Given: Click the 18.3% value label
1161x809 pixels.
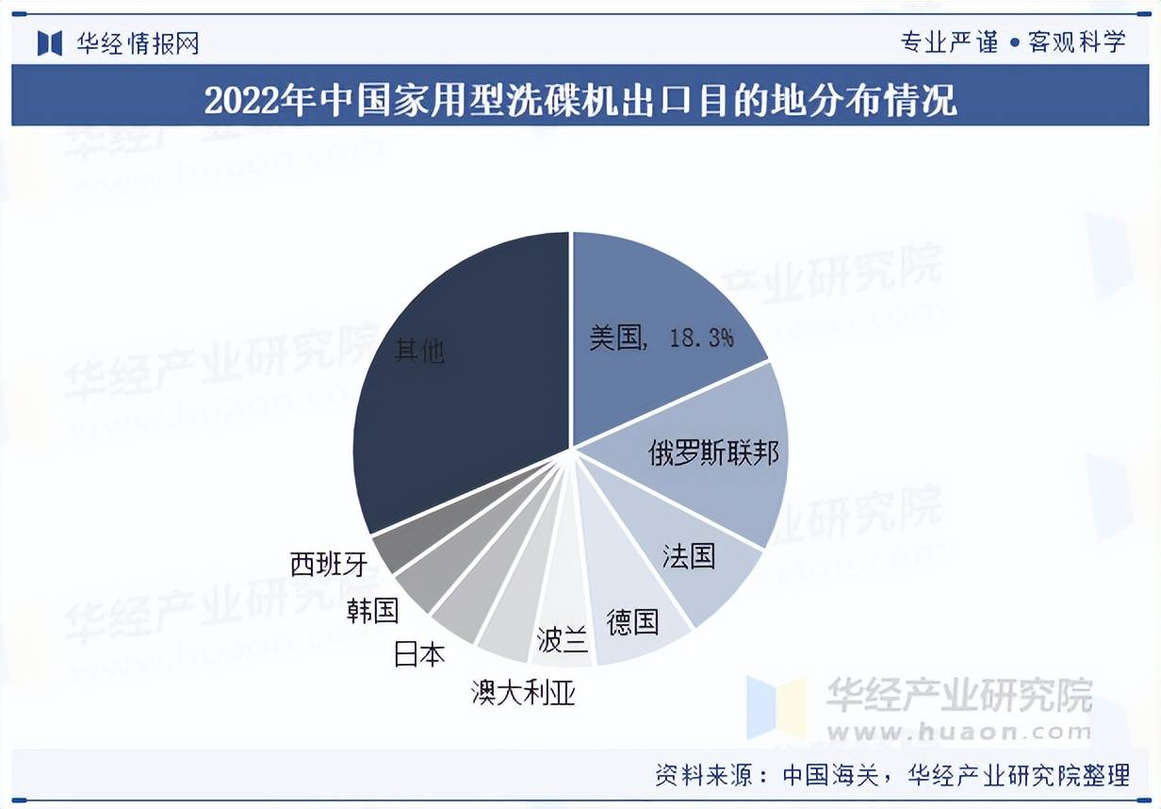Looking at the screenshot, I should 701,338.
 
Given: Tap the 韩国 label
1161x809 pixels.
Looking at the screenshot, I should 372,610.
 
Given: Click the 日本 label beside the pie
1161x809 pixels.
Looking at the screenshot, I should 419,654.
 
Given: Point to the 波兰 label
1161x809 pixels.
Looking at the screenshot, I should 563,641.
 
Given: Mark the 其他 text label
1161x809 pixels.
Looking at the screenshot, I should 419,352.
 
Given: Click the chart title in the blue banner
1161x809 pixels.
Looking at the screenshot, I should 580,98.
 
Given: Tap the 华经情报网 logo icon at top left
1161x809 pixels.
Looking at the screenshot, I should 49,42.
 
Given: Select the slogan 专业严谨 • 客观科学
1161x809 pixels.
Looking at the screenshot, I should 1013,41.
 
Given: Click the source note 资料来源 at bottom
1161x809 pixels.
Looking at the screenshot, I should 891,775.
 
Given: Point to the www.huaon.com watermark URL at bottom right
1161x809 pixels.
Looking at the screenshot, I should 958,731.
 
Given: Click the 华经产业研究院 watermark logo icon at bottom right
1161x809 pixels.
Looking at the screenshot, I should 776,707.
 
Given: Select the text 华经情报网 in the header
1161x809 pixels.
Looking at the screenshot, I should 138,43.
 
